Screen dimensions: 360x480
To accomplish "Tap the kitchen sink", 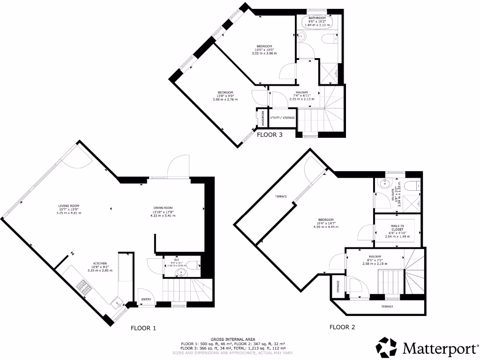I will (115, 303).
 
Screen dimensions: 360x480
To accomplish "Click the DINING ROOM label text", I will (163, 208).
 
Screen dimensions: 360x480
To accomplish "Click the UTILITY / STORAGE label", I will (283, 118).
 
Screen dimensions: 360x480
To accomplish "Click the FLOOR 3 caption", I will (270, 135).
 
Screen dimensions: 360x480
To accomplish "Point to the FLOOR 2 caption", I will (342, 327).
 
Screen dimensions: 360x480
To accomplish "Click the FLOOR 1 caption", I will (143, 328).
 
